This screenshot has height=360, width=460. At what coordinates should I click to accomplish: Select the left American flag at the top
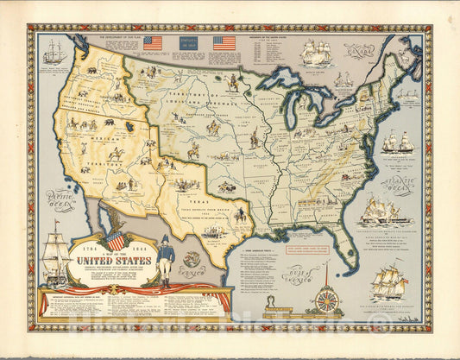coord(153,42)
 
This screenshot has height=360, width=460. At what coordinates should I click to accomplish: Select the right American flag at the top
coord(224,42)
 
